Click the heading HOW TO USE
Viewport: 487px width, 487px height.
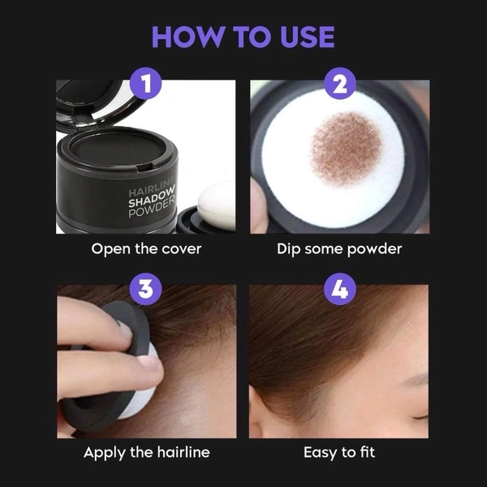tap(243, 37)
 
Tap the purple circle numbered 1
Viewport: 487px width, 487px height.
tap(145, 84)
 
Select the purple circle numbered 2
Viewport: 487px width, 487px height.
tap(340, 84)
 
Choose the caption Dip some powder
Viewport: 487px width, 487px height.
tap(340, 249)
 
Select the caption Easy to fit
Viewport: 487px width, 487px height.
tap(340, 452)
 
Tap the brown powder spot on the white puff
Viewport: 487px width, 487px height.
tap(347, 148)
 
